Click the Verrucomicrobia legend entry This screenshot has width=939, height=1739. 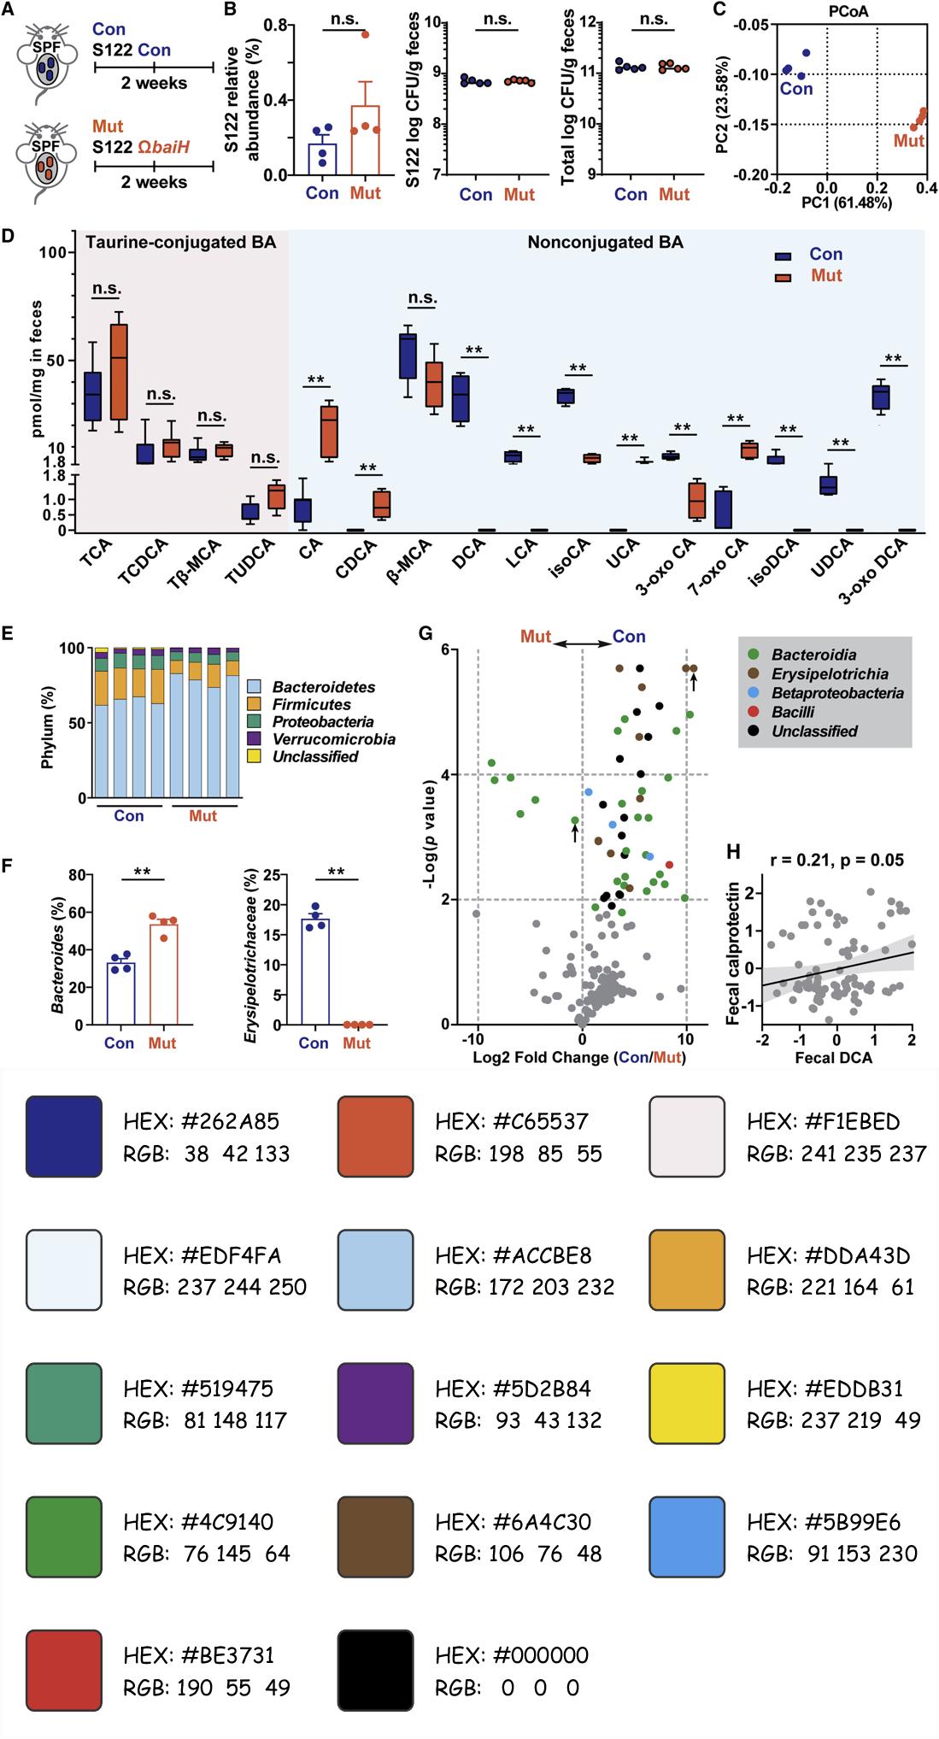click(x=334, y=739)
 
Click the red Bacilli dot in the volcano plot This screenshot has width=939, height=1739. click(x=669, y=866)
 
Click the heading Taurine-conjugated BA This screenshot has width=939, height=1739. click(x=181, y=243)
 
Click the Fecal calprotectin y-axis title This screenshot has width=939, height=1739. click(x=733, y=949)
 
